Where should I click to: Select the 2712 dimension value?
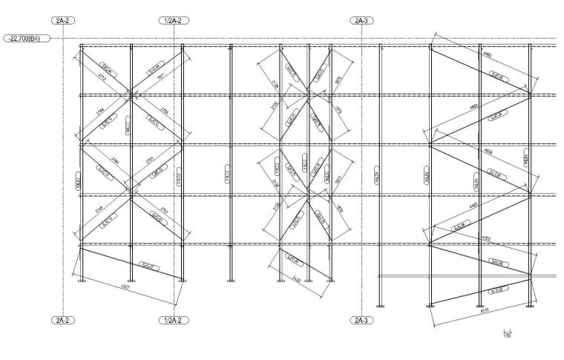coord(102,76)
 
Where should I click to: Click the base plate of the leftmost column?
coord(81,280)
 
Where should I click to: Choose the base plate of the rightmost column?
coord(530,304)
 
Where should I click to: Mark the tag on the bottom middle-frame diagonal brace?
coord(292,261)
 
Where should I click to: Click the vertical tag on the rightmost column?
coord(526,157)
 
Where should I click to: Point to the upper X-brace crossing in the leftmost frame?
coord(131,94)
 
